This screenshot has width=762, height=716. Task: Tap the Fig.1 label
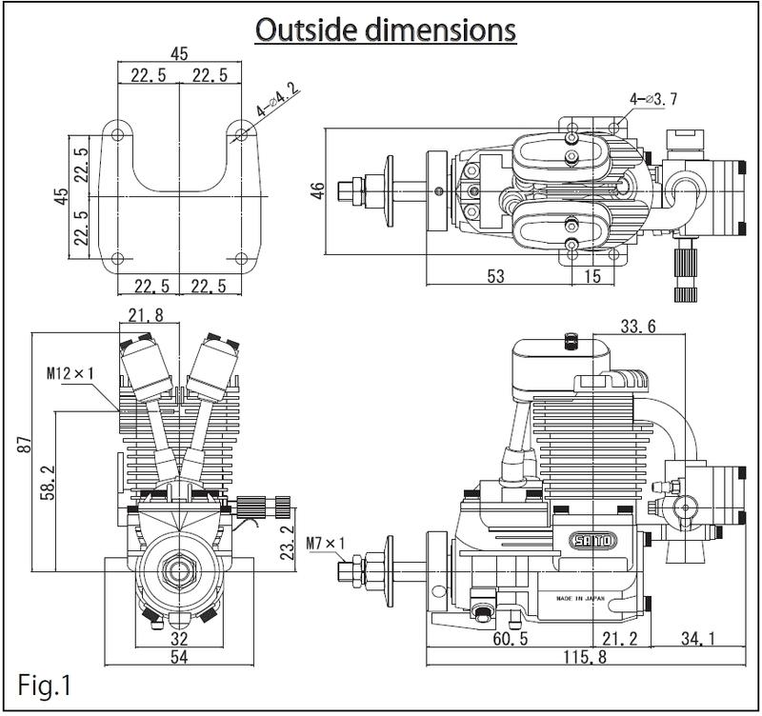(x=44, y=684)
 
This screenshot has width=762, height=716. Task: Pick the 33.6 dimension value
(x=636, y=327)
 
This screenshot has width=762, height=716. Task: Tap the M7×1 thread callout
(x=324, y=546)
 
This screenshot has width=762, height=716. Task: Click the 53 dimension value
(x=494, y=277)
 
